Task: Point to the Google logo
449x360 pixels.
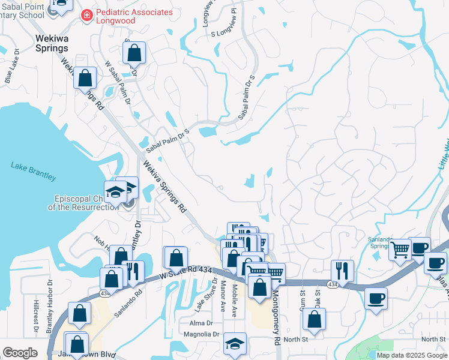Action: tap(20, 353)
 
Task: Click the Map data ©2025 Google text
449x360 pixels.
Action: tap(412, 355)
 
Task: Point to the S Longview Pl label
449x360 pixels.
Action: tap(225, 33)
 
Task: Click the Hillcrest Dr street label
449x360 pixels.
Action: tap(35, 316)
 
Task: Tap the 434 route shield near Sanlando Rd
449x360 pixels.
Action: tap(105, 293)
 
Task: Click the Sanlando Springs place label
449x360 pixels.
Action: tap(381, 242)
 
